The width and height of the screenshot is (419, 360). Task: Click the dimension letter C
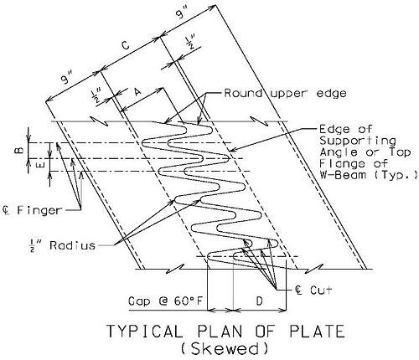click(126, 45)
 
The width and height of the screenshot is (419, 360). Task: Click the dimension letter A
click(137, 91)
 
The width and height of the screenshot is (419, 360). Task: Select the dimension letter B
click(19, 151)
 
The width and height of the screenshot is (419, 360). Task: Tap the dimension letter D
click(259, 301)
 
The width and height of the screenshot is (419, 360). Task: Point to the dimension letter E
click(40, 166)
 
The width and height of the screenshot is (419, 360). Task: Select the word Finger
click(39, 210)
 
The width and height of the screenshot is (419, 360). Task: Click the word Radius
click(73, 245)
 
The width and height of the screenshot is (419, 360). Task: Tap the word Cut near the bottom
click(321, 291)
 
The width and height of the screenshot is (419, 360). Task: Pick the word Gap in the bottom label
click(139, 301)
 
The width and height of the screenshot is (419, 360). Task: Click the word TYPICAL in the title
click(145, 332)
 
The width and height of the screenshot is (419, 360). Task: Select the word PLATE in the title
click(317, 332)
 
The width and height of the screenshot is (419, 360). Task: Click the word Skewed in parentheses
click(225, 349)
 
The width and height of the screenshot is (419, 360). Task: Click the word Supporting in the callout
click(358, 141)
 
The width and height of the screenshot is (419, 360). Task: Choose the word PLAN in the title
click(220, 332)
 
